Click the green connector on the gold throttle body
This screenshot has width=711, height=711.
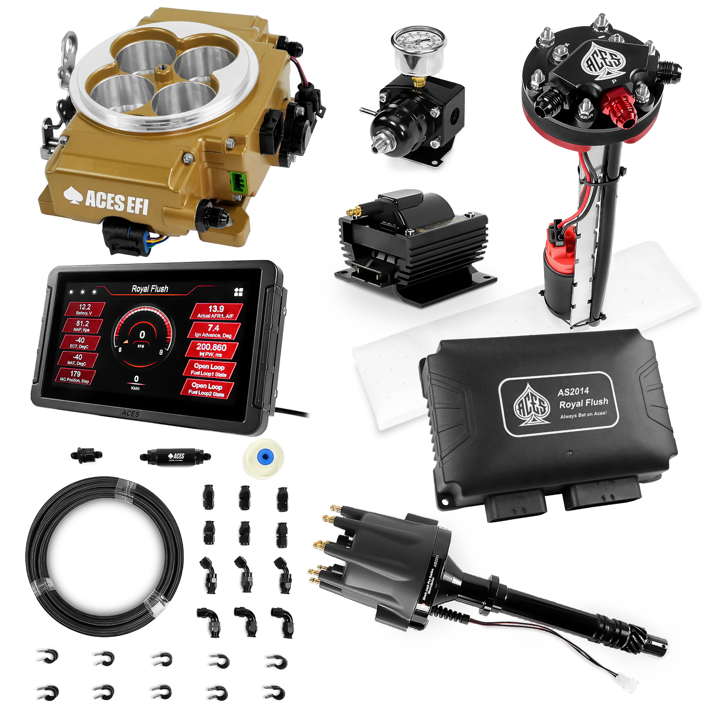click(x=236, y=181)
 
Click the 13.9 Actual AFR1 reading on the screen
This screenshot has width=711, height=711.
click(x=216, y=311)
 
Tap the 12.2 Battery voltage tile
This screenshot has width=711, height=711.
click(x=84, y=309)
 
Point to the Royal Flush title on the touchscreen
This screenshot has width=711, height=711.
click(x=150, y=289)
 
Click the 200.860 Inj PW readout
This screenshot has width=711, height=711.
click(x=211, y=349)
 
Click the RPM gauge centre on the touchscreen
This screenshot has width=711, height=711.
click(x=142, y=337)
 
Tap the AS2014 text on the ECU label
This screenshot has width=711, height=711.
click(x=573, y=391)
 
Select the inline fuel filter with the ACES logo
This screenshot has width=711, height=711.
click(x=174, y=457)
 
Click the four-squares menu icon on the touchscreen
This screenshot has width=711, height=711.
click(x=239, y=292)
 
